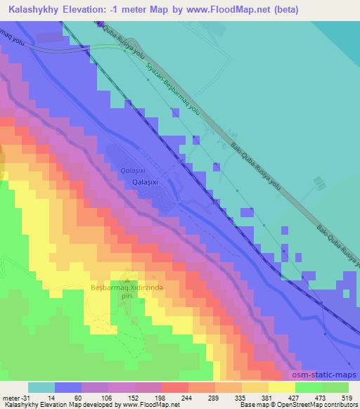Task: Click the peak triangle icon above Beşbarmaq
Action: tap(127, 275)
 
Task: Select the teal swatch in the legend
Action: tap(41, 387)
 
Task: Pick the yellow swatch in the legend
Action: tap(281, 387)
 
